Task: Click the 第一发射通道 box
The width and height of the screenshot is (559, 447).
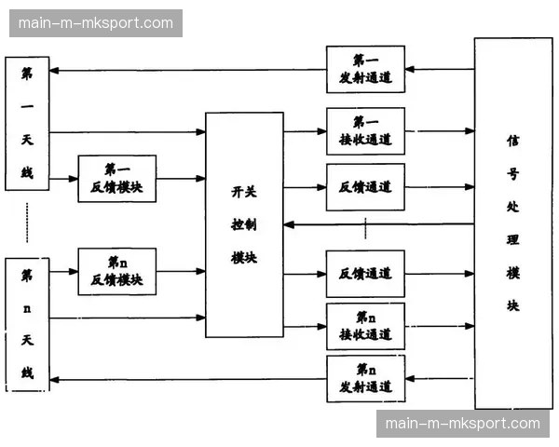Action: click(x=365, y=69)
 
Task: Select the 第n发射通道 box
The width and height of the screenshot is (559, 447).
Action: click(x=365, y=378)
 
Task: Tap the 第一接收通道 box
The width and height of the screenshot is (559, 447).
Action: click(x=365, y=131)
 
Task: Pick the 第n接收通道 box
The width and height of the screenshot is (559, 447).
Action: click(x=365, y=326)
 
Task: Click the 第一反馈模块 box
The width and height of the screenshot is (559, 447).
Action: click(x=116, y=179)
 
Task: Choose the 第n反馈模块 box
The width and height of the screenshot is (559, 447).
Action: click(x=116, y=271)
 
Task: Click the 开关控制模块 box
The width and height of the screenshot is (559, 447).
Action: click(x=244, y=224)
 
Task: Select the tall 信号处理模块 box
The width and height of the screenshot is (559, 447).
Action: click(x=512, y=223)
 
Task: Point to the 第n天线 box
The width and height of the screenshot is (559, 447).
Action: click(x=26, y=323)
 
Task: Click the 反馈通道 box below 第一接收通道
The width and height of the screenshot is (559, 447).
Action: click(x=365, y=187)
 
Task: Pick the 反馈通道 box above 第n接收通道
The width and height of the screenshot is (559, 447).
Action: click(x=365, y=274)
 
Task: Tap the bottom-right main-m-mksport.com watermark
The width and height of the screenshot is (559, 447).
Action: click(x=462, y=424)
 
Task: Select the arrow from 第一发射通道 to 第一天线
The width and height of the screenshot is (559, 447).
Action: click(x=186, y=70)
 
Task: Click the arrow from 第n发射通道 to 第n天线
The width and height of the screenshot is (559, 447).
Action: click(x=186, y=379)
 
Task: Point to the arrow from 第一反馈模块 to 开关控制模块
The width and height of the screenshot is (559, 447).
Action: click(x=180, y=179)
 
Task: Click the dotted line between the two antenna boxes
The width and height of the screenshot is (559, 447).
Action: click(x=26, y=223)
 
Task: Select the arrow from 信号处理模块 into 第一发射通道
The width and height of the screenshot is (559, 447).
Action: click(x=439, y=69)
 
